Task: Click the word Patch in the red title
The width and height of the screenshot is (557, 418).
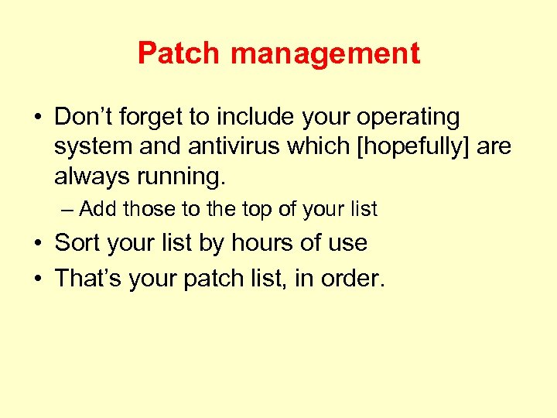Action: [179, 54]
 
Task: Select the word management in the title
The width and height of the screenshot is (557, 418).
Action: [325, 54]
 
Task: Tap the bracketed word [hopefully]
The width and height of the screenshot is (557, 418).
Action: [412, 148]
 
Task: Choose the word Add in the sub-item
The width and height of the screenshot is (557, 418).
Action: [97, 209]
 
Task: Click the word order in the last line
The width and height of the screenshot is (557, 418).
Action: [355, 278]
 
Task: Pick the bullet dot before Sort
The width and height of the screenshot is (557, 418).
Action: [37, 244]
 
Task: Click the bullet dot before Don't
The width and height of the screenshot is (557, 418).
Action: [37, 118]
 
